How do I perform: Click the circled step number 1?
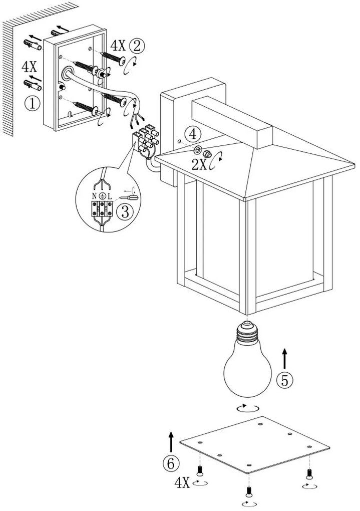[33, 104]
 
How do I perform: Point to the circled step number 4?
[192, 134]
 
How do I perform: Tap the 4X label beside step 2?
[118, 46]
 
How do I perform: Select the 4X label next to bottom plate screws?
[182, 483]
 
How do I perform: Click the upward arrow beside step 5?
[285, 358]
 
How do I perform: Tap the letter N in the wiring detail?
[94, 196]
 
